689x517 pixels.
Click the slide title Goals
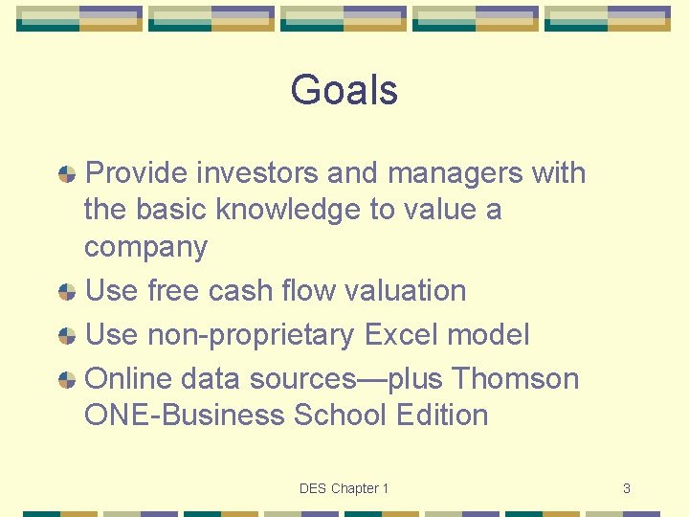(x=344, y=91)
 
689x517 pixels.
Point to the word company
(x=145, y=247)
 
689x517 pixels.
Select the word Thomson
(x=515, y=379)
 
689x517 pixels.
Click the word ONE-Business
(x=185, y=416)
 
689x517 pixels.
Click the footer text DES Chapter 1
(x=344, y=488)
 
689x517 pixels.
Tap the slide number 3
(x=626, y=488)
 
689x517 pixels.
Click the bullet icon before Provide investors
(x=67, y=174)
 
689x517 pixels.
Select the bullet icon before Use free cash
(x=67, y=291)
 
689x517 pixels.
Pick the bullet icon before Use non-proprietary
(x=67, y=336)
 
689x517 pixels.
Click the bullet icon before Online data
(x=67, y=380)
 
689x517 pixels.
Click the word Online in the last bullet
(x=122, y=379)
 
